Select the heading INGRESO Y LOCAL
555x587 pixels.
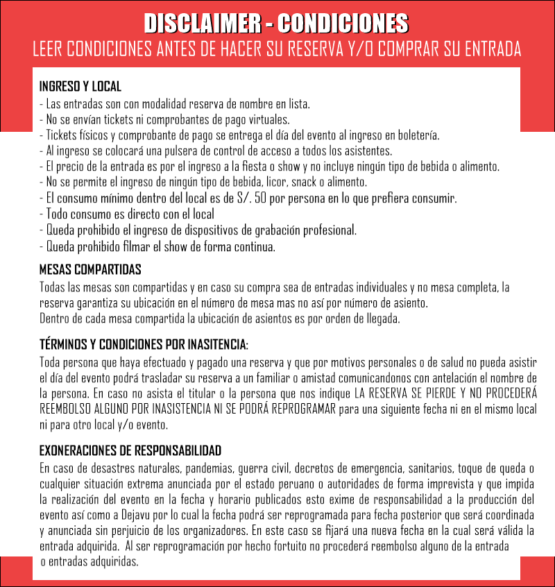[x=80, y=87]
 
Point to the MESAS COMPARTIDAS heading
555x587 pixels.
[x=90, y=269]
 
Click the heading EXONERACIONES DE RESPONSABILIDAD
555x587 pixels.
[x=130, y=450]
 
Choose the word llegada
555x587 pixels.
[x=383, y=319]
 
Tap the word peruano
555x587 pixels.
[x=311, y=484]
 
